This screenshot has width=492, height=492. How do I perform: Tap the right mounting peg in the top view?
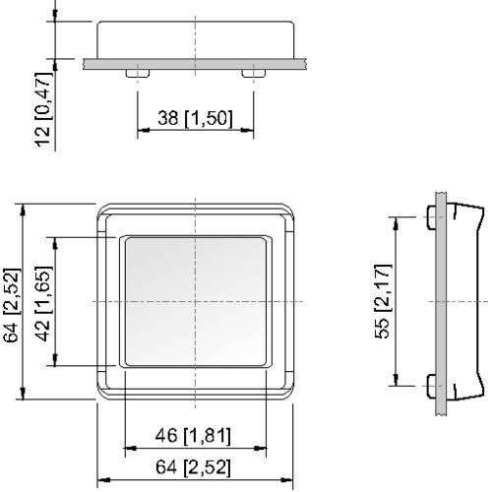coord(253,74)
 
